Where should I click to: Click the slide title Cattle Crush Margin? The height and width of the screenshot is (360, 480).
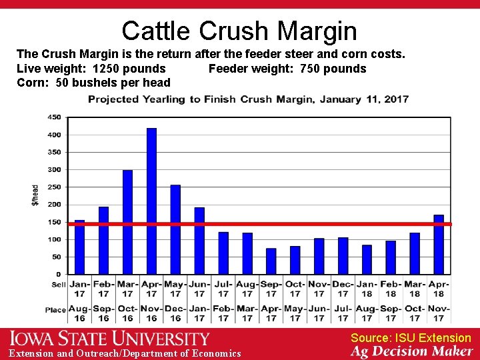tap(239, 31)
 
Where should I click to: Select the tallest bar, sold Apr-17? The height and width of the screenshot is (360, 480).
tap(151, 200)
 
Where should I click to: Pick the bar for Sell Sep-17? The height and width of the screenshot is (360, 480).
tap(271, 261)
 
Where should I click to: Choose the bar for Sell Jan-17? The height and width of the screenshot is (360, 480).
tap(80, 247)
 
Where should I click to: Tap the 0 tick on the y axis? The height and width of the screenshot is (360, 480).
tap(58, 274)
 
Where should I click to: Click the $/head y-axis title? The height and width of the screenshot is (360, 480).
tap(35, 195)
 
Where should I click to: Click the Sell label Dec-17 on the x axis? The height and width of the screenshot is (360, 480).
tap(343, 289)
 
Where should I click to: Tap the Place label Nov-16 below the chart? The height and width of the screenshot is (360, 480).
tap(151, 313)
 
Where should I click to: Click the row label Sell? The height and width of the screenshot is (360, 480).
tap(59, 285)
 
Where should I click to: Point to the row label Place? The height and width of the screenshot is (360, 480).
tap(56, 309)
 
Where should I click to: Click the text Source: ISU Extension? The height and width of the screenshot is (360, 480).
tap(411, 338)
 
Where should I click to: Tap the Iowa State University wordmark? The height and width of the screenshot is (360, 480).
tap(109, 339)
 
